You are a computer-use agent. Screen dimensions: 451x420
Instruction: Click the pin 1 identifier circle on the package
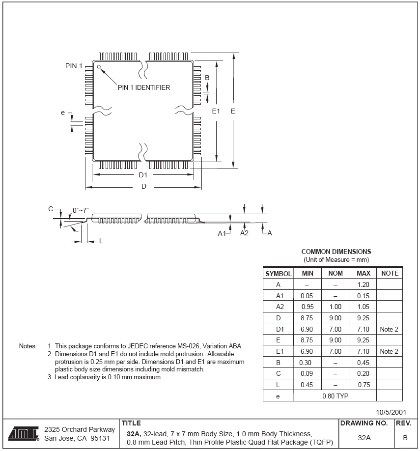[x=99, y=66]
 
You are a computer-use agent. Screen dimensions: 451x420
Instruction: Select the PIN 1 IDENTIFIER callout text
[x=144, y=88]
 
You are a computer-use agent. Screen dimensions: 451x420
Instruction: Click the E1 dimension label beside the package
[x=216, y=112]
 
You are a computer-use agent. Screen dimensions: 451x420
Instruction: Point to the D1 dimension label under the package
[x=143, y=175]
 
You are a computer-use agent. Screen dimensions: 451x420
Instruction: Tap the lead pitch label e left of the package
[x=63, y=113]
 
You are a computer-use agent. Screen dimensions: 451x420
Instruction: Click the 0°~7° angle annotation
[x=81, y=210]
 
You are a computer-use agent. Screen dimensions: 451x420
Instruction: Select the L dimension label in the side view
[x=101, y=241]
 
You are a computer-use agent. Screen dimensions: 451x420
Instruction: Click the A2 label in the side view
[x=244, y=233]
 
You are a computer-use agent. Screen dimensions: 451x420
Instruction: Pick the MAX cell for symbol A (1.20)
[x=363, y=284]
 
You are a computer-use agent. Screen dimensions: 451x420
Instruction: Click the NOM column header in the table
[x=335, y=273]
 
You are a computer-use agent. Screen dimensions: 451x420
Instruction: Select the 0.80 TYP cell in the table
[x=335, y=395]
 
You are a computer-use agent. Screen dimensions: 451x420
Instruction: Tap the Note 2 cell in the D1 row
[x=389, y=329]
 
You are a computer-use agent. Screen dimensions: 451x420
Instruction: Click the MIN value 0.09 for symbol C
[x=307, y=373]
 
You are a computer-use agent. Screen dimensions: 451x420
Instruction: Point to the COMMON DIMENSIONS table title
[x=336, y=252]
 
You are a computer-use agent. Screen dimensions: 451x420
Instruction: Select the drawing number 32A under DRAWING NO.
[x=364, y=437]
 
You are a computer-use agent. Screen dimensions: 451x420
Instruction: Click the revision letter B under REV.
[x=405, y=437]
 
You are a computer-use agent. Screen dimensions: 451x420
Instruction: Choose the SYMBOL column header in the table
[x=279, y=274]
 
